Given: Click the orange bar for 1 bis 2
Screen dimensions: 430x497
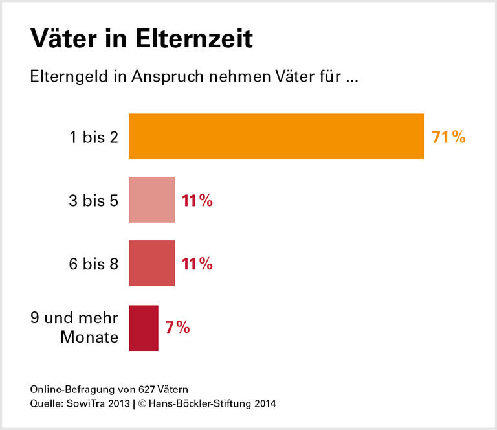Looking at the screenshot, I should click(276, 136).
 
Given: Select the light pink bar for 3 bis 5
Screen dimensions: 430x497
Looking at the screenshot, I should click(152, 200).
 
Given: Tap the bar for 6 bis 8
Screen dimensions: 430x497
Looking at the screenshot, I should click(152, 264).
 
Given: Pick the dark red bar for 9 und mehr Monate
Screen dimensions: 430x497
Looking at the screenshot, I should click(144, 328).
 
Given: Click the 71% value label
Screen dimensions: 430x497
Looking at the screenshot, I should click(448, 137).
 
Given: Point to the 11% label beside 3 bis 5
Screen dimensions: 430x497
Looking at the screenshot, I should click(197, 201).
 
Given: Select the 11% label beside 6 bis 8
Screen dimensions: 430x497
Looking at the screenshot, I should click(197, 264).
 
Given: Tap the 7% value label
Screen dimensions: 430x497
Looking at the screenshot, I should click(177, 328).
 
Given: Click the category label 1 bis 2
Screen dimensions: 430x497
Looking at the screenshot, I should click(94, 137).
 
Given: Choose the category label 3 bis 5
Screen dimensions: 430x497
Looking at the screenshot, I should click(94, 201).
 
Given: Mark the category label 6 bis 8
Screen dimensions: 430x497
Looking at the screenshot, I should click(94, 264).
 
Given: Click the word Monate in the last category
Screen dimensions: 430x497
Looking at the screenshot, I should click(89, 337).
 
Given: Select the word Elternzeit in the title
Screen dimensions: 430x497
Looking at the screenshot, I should click(194, 40).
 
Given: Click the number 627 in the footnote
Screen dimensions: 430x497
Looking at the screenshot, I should click(146, 389).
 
